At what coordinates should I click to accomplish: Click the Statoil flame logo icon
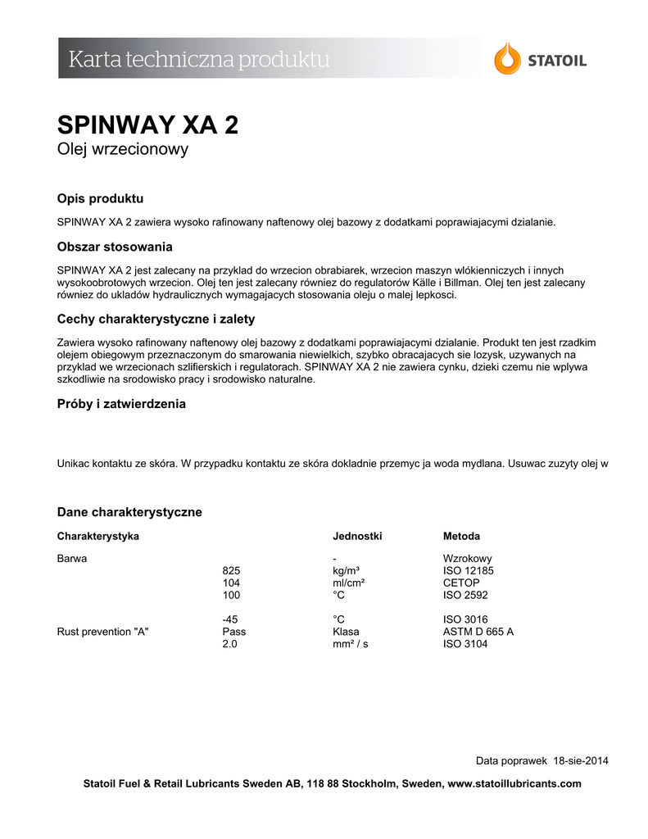[x=507, y=59]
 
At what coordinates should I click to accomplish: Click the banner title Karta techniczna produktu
[x=199, y=59]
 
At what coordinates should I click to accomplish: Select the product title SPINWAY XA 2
[x=147, y=125]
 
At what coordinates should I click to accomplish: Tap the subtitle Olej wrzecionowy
[x=123, y=149]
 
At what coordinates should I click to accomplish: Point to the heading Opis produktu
[x=100, y=199]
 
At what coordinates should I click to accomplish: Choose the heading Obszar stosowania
[x=115, y=247]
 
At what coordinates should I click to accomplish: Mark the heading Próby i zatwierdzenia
[x=121, y=404]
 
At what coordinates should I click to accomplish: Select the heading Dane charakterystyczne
[x=129, y=512]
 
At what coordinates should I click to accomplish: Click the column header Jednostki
[x=357, y=537]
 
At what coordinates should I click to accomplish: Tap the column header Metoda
[x=461, y=537]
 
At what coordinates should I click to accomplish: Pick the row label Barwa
[x=72, y=558]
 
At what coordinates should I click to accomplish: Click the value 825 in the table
[x=232, y=570]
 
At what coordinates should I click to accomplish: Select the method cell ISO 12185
[x=469, y=570]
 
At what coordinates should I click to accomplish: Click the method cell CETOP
[x=460, y=583]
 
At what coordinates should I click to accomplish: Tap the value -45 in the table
[x=230, y=619]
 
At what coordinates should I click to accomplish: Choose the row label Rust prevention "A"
[x=102, y=632]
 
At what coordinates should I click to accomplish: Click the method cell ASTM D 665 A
[x=478, y=632]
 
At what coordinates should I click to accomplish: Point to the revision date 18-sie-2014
[x=581, y=760]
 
